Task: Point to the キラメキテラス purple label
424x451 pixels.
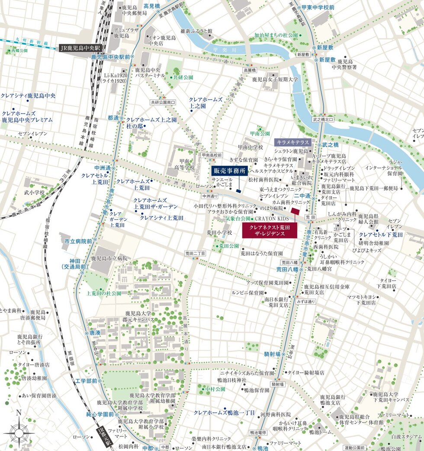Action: point(292,142)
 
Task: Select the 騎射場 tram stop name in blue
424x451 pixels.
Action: point(272,354)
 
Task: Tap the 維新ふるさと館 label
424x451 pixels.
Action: point(196,31)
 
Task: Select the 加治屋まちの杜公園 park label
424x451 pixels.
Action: point(276,35)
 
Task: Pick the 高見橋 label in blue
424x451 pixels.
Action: point(152,6)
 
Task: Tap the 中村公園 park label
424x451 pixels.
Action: point(215,389)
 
